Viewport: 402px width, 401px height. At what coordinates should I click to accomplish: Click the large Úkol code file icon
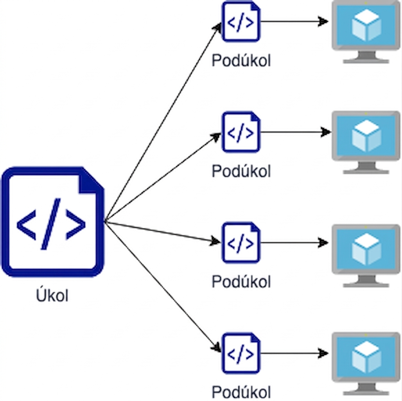[x=53, y=222]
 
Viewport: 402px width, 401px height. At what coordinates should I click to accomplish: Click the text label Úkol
[x=52, y=296]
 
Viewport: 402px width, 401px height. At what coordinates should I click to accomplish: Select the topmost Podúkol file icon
[x=241, y=22]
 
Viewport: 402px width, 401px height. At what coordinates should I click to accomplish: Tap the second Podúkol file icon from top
[x=241, y=132]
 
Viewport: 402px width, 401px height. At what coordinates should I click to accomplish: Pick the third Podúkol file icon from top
[x=241, y=243]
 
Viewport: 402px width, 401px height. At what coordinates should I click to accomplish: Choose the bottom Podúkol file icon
[x=241, y=353]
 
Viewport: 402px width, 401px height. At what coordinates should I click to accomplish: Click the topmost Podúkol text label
[x=241, y=61]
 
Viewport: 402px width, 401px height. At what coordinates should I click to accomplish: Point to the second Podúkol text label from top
[x=241, y=171]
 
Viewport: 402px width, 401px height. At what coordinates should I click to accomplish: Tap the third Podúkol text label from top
[x=241, y=282]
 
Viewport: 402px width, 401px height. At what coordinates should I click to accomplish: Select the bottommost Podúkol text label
[x=241, y=392]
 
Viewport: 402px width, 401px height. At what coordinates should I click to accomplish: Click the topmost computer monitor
[x=366, y=32]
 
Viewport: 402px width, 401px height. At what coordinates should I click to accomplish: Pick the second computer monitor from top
[x=366, y=143]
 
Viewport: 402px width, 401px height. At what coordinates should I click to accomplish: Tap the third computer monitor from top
[x=366, y=256]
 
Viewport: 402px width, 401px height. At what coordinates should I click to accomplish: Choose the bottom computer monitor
[x=366, y=364]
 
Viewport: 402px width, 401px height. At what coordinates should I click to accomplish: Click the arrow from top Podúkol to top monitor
[x=294, y=21]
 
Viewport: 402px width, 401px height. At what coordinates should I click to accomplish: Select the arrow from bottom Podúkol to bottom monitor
[x=294, y=353]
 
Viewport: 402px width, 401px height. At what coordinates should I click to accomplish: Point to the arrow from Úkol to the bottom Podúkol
[x=163, y=287]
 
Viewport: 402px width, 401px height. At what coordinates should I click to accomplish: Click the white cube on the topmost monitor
[x=366, y=25]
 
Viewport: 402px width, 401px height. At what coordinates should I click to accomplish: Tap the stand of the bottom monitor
[x=366, y=388]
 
